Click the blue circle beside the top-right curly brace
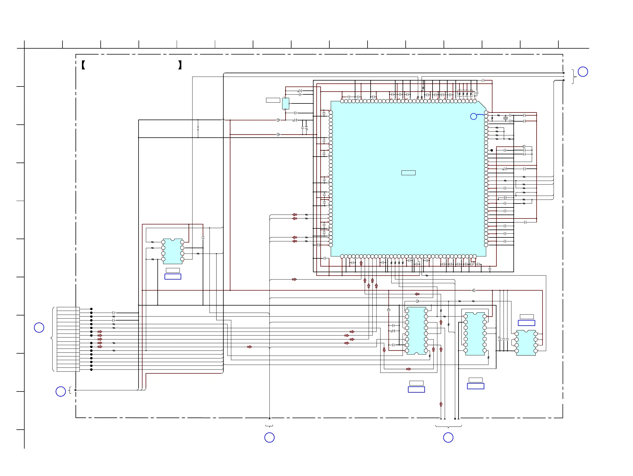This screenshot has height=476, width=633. tap(583, 72)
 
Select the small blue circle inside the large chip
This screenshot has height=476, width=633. tap(473, 116)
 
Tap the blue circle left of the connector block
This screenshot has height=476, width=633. tap(39, 327)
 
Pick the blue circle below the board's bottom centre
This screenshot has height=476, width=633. tap(269, 437)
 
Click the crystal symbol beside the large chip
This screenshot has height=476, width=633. tap(506, 118)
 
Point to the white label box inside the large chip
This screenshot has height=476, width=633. tap(408, 173)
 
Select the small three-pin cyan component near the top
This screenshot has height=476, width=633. tap(286, 103)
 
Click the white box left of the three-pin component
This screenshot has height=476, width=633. tap(273, 100)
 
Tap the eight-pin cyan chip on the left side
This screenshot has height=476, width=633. tap(172, 251)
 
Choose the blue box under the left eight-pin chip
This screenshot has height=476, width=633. tap(173, 277)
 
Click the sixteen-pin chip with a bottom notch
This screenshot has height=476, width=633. tap(416, 331)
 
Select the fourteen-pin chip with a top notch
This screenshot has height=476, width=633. tap(475, 334)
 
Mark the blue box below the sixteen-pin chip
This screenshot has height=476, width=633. tap(416, 389)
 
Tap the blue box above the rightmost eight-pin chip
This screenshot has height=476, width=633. tap(526, 323)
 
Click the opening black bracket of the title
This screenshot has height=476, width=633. tap(83, 65)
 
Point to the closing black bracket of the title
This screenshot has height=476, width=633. tap(180, 65)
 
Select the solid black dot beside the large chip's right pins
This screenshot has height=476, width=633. tap(492, 150)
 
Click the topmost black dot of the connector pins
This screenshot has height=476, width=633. tap(91, 309)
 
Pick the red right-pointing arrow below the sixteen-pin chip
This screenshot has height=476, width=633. tap(408, 369)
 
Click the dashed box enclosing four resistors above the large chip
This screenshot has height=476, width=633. tap(465, 94)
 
